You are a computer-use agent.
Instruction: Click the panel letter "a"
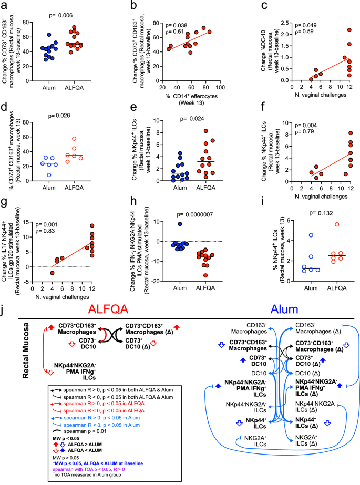pyautogui.click(x=5, y=5)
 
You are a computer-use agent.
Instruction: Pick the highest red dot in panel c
pyautogui.click(x=349, y=30)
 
